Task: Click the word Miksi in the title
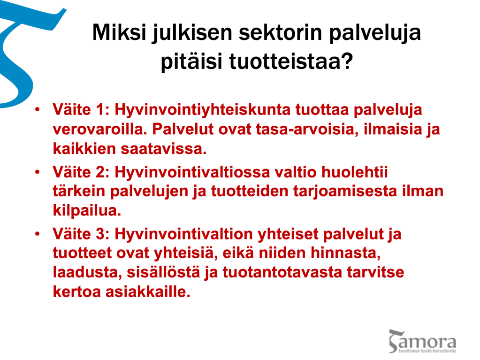point(119,32)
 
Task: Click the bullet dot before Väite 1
point(38,109)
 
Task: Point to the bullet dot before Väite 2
point(38,172)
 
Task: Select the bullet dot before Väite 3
point(38,234)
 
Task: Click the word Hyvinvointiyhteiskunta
point(202,110)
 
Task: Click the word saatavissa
point(164,149)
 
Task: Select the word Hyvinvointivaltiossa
point(192,172)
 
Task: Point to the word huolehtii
point(355,172)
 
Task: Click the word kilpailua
point(87,211)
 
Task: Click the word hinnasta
point(346,253)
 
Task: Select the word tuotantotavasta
point(282,272)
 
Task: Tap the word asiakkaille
point(148,292)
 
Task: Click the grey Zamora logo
point(422,341)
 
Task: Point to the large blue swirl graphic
point(18,52)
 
